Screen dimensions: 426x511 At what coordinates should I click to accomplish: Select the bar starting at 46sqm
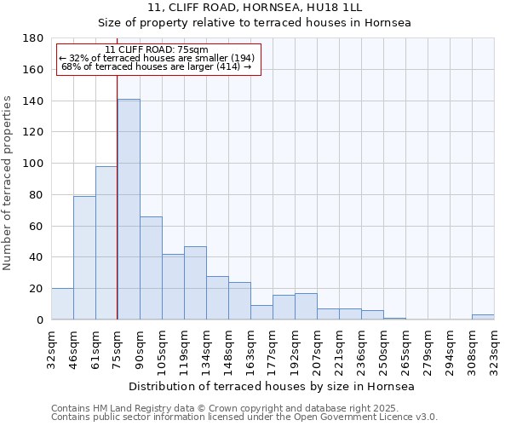(x=84, y=257)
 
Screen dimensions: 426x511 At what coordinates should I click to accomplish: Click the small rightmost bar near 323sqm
(x=483, y=317)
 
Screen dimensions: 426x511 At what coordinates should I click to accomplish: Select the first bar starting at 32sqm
(x=62, y=304)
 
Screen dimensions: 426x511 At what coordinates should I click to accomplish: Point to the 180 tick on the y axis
(x=34, y=38)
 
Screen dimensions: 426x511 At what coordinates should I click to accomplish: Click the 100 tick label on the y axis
(x=34, y=164)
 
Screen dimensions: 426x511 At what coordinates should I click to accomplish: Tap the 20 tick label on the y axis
(x=37, y=289)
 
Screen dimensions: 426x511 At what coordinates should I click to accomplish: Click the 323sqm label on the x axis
(x=494, y=347)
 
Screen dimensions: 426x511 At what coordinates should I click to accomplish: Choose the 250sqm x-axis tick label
(x=383, y=347)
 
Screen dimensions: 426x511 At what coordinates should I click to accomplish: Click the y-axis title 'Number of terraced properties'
(x=9, y=183)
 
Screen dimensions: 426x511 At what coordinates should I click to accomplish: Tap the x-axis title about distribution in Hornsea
(x=272, y=387)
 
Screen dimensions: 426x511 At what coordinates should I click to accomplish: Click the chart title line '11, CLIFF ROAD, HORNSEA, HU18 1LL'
(x=255, y=8)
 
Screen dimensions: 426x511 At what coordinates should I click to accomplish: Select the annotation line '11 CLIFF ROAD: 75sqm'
(x=157, y=49)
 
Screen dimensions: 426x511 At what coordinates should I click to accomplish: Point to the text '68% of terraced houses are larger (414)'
(x=157, y=66)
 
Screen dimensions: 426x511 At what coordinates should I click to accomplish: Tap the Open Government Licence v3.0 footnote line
(x=244, y=417)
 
